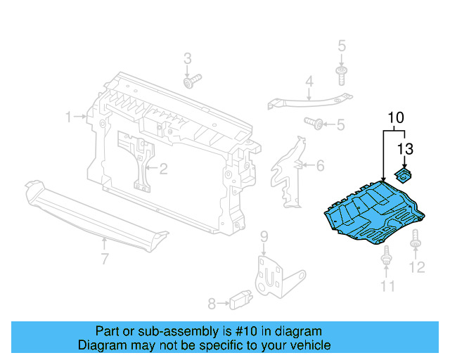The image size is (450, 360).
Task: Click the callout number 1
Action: tap(69, 117)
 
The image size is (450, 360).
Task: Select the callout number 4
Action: tap(309, 83)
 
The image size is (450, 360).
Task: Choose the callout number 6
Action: tap(320, 167)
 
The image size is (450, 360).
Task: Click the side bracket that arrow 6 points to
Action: tap(288, 169)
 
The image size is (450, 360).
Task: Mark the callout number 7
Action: tap(105, 259)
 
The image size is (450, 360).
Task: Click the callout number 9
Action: tap(264, 235)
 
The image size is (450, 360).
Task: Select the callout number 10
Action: tap(396, 116)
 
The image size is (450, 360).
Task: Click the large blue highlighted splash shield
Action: tap(373, 214)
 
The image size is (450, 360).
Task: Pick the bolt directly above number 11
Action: tap(386, 259)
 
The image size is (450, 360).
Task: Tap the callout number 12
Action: tap(418, 267)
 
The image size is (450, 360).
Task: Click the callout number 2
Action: tap(162, 169)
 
